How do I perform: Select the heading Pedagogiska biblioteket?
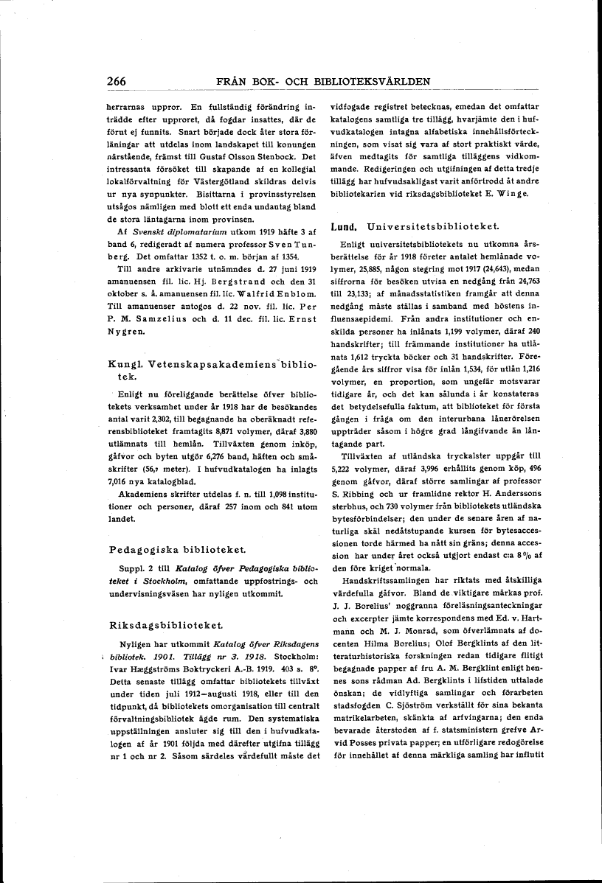click(167, 550)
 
